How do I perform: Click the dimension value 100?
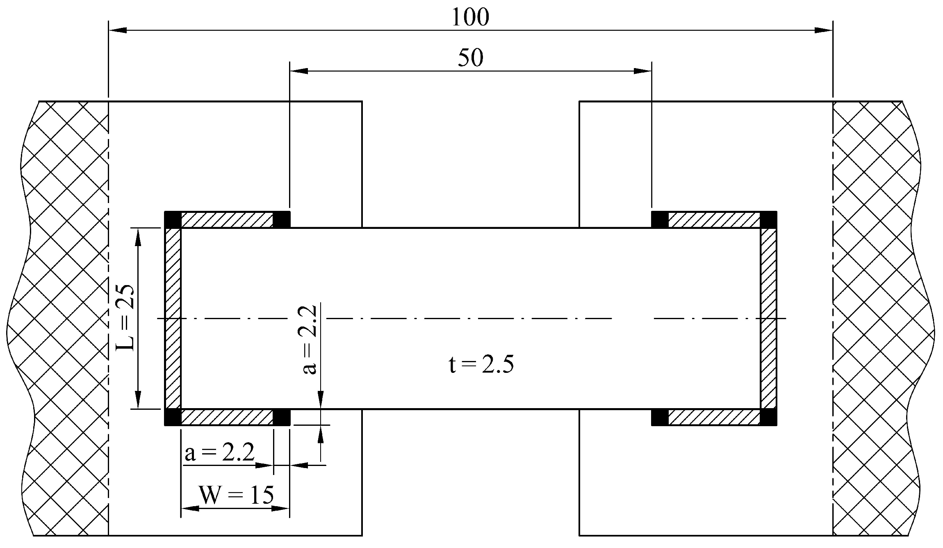point(470,18)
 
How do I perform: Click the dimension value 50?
point(470,58)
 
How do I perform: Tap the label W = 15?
point(236,495)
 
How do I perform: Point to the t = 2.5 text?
point(481,365)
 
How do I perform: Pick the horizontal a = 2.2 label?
point(220,453)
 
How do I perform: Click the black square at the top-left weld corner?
point(173,219)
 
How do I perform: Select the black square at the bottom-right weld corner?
point(769,418)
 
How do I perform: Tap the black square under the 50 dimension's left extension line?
point(281,219)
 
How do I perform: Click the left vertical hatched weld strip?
point(173,318)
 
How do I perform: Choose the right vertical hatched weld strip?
point(769,318)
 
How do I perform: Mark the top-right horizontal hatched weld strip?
point(714,219)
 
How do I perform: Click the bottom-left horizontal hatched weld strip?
point(227,418)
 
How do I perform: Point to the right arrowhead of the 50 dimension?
point(642,71)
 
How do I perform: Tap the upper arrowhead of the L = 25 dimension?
point(138,237)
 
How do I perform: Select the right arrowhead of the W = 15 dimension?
point(280,509)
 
